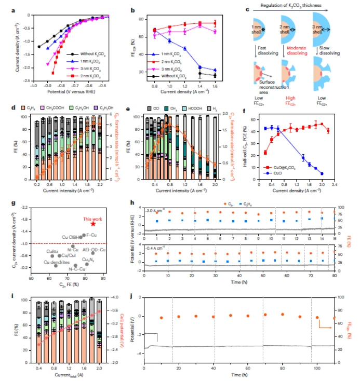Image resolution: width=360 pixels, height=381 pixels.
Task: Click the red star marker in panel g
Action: click(92, 224)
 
